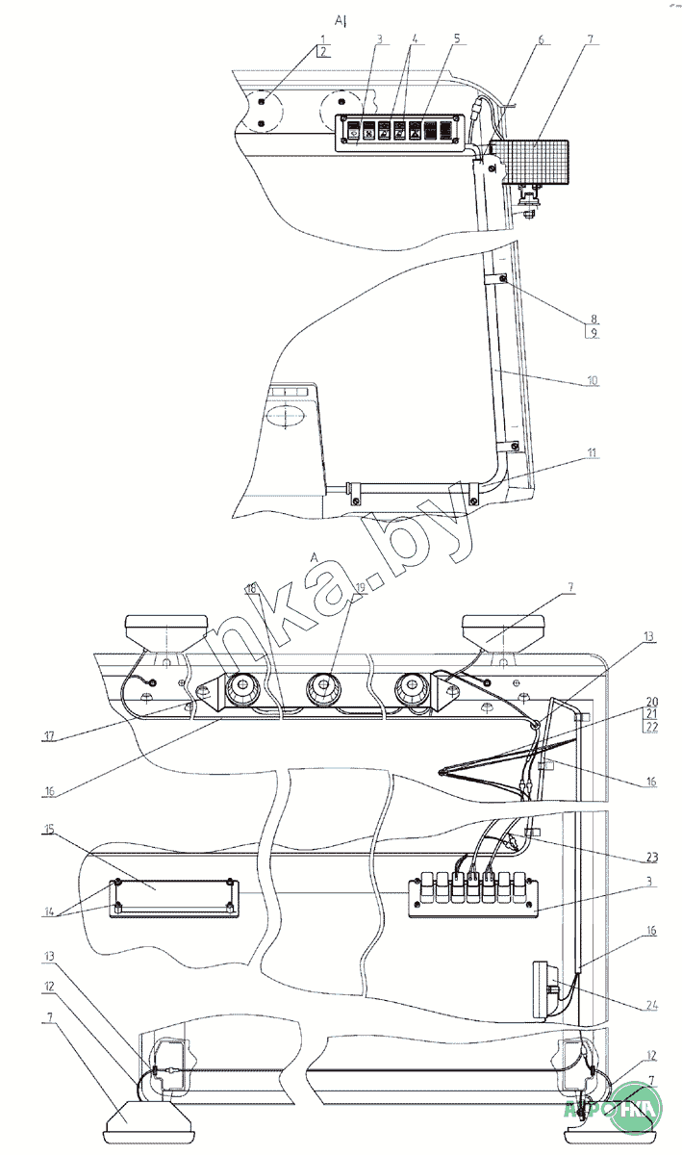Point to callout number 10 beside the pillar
tap(593, 380)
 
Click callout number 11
tap(593, 452)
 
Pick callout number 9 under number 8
tap(594, 332)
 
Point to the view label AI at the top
tap(340, 19)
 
